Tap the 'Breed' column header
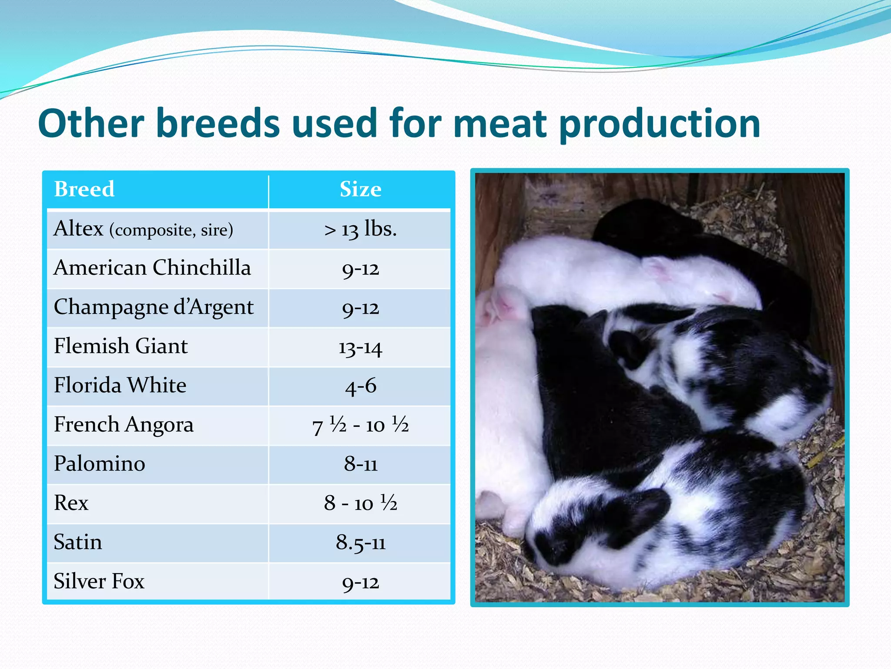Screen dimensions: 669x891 84,189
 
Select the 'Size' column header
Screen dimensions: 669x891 360,189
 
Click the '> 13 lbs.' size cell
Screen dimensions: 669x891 360,229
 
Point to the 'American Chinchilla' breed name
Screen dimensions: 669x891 152,267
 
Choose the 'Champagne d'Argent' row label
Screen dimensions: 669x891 154,307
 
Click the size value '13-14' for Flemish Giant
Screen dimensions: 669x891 360,348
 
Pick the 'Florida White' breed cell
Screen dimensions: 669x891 120,385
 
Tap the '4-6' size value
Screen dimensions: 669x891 360,386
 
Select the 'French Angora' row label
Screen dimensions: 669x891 124,425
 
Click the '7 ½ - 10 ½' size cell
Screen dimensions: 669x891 360,425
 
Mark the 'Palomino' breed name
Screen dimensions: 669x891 100,463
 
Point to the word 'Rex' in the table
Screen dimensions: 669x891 71,503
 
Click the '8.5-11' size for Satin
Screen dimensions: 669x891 360,543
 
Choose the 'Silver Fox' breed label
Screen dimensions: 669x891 99,581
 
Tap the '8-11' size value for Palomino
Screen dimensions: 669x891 360,464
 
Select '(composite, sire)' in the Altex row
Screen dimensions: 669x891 171,230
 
